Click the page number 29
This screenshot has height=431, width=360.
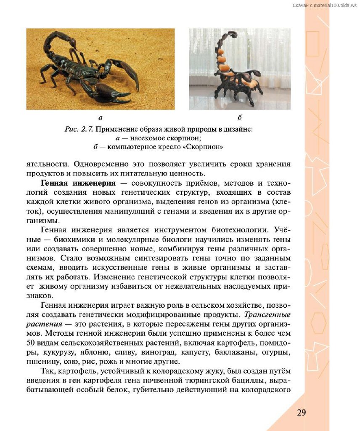tap(301, 412)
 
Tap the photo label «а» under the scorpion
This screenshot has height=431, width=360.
tap(100, 117)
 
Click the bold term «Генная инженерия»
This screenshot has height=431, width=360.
tap(78, 184)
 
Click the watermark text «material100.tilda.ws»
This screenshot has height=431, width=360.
tap(335, 5)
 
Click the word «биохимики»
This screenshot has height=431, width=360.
tap(71, 239)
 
